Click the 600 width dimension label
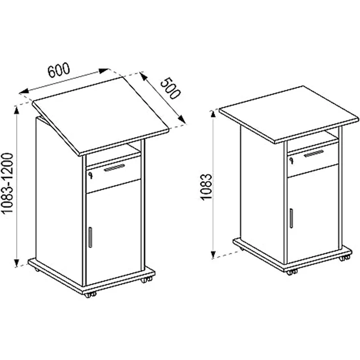[x=59, y=69]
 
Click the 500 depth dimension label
[x=170, y=89]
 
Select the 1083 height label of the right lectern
[x=206, y=187]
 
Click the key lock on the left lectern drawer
[x=90, y=176]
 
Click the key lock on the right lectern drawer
[x=291, y=160]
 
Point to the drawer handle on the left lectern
[x=114, y=168]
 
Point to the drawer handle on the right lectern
[x=314, y=154]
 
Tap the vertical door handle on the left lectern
[x=90, y=237]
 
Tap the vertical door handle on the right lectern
[x=291, y=218]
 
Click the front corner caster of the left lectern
[x=90, y=294]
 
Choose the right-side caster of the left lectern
[x=146, y=280]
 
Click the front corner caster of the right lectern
[x=292, y=272]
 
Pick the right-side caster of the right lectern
[x=344, y=258]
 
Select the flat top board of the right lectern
[x=289, y=114]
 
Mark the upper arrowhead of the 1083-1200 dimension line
[x=16, y=110]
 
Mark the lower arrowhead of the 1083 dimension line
[x=213, y=254]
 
